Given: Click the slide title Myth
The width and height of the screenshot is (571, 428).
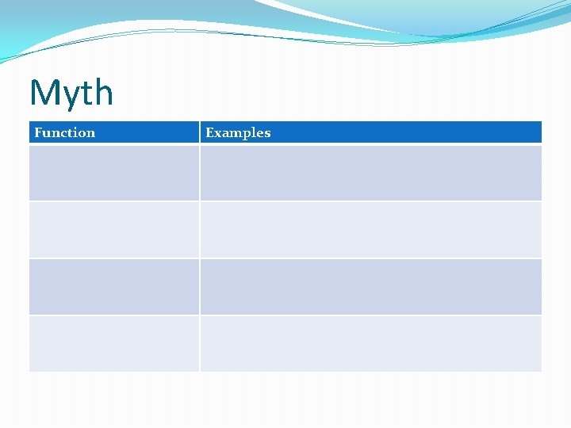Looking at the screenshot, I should coord(71,93).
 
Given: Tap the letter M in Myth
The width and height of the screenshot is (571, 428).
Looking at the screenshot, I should coord(44,93).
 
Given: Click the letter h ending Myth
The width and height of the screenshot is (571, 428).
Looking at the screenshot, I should coord(103,93).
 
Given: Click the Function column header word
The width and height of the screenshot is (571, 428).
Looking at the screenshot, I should coord(64,132).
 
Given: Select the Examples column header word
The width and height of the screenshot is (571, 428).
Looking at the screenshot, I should coord(238,132).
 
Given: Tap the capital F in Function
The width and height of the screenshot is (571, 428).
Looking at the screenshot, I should coord(38,132).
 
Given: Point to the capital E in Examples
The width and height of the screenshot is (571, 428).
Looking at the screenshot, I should coord(210,132).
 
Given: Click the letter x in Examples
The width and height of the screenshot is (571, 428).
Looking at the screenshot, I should coord(219,133).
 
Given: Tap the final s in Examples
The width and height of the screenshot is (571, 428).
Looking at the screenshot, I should coord(267,133).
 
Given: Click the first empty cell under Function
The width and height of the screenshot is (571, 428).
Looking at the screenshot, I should coord(114,173).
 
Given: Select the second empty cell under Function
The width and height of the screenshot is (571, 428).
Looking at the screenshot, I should coord(114,230).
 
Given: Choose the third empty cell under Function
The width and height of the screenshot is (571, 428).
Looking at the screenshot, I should coord(114,287).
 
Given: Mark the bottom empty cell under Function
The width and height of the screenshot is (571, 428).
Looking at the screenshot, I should coord(114,344).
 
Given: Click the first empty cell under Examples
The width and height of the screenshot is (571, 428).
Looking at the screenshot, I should coord(370,173).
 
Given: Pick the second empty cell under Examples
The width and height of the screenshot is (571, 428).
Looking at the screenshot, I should coord(370,230).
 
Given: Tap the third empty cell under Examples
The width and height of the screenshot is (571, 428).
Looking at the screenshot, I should coord(370,287).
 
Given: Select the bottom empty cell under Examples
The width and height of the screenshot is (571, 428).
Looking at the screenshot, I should coord(370,344).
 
